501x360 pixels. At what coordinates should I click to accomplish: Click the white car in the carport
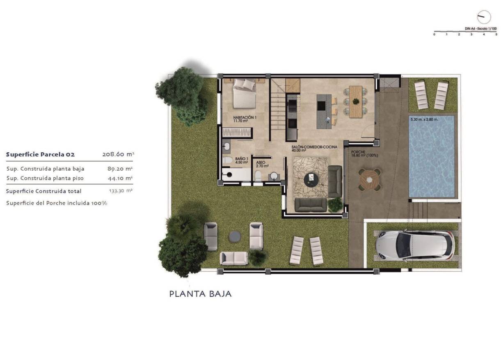pos(414,245)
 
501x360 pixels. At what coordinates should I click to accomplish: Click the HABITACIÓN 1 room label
pos(245,119)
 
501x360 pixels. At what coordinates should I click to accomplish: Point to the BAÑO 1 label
pos(242,160)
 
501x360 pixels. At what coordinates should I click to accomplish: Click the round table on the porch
pos(370,179)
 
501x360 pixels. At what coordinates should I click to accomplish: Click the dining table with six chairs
pos(355,101)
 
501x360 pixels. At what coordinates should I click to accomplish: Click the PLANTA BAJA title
pos(200,294)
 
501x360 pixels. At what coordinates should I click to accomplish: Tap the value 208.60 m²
pos(118,154)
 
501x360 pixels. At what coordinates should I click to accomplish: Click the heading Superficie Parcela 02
pos(40,154)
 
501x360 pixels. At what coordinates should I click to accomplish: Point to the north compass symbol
pos(484,17)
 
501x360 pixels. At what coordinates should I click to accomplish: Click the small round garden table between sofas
pos(235,236)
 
